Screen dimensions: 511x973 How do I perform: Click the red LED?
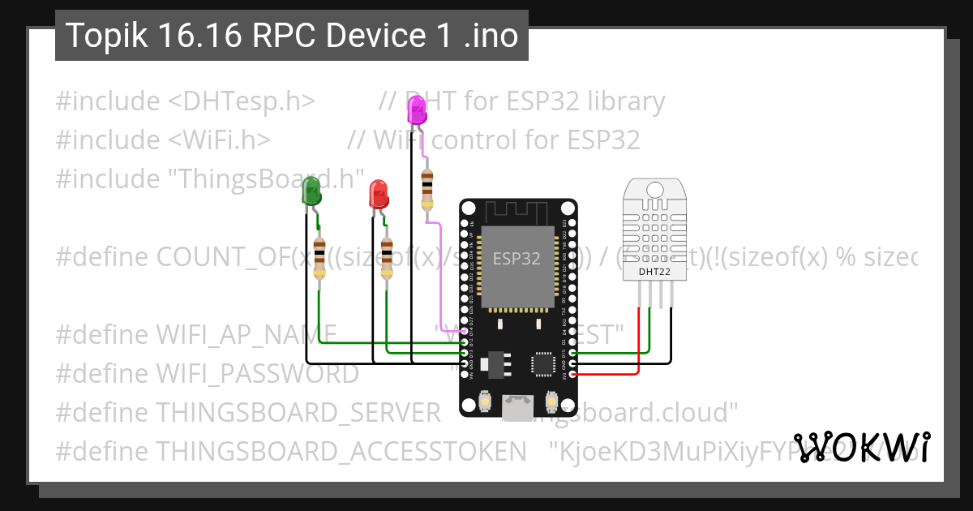tap(379, 194)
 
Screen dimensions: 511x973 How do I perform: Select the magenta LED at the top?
tap(417, 109)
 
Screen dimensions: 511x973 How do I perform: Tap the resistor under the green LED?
tap(319, 260)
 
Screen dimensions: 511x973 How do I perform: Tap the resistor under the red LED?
tap(387, 260)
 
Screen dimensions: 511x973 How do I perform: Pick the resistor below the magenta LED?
tap(426, 188)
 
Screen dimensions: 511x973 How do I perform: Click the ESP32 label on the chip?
tap(517, 260)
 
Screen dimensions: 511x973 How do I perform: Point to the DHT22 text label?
tap(655, 272)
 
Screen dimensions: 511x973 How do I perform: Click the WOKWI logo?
tap(861, 448)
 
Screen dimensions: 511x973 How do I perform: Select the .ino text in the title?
tap(491, 36)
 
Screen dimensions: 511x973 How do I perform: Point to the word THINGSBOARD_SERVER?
tap(298, 412)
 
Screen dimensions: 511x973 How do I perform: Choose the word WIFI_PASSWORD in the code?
tap(257, 373)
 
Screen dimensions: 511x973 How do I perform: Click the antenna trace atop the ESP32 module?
tap(519, 213)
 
